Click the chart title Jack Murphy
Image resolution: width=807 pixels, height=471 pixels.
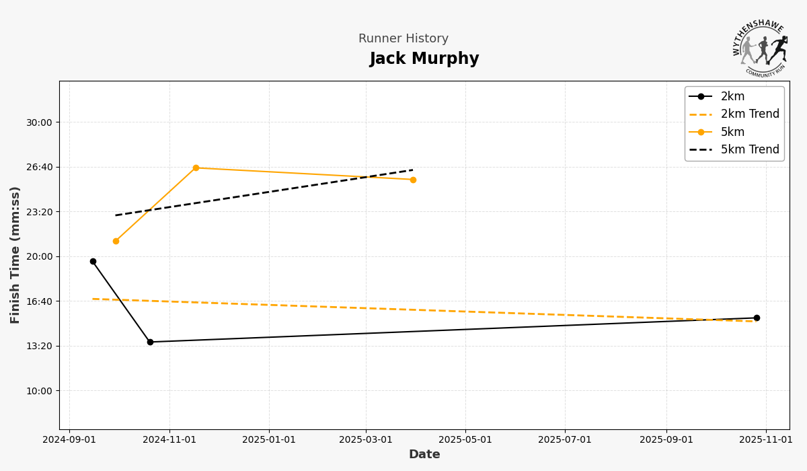424,59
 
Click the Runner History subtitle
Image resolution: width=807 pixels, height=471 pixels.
403,39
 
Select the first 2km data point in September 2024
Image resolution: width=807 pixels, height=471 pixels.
93,261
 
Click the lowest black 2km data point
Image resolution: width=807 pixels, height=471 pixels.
150,342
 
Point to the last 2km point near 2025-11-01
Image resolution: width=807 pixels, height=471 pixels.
757,318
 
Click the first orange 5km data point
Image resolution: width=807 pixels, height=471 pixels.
116,241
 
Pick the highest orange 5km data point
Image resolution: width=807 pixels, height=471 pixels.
196,168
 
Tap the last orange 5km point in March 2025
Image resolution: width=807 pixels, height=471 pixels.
413,180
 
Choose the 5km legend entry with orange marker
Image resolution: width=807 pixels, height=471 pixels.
732,132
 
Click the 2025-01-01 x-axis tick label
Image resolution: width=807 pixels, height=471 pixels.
269,440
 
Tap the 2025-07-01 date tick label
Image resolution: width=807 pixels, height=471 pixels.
565,440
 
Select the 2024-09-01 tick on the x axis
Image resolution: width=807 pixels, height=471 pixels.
69,440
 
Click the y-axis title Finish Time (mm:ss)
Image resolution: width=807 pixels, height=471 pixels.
15,255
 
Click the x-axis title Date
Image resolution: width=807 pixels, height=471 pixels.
424,455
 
